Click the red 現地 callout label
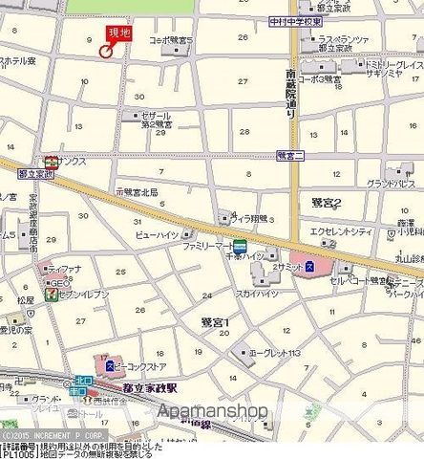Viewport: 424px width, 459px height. [x=118, y=33]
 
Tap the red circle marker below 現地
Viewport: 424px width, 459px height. [x=105, y=52]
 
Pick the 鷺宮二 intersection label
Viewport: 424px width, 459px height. [x=289, y=154]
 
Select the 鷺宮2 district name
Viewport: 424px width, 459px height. [x=327, y=203]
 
